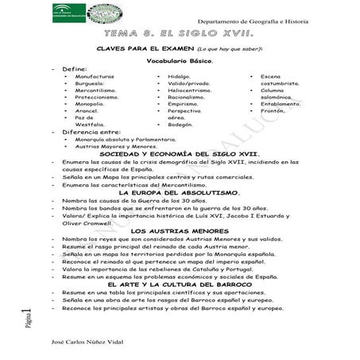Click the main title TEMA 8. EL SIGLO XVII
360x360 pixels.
(179, 35)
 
